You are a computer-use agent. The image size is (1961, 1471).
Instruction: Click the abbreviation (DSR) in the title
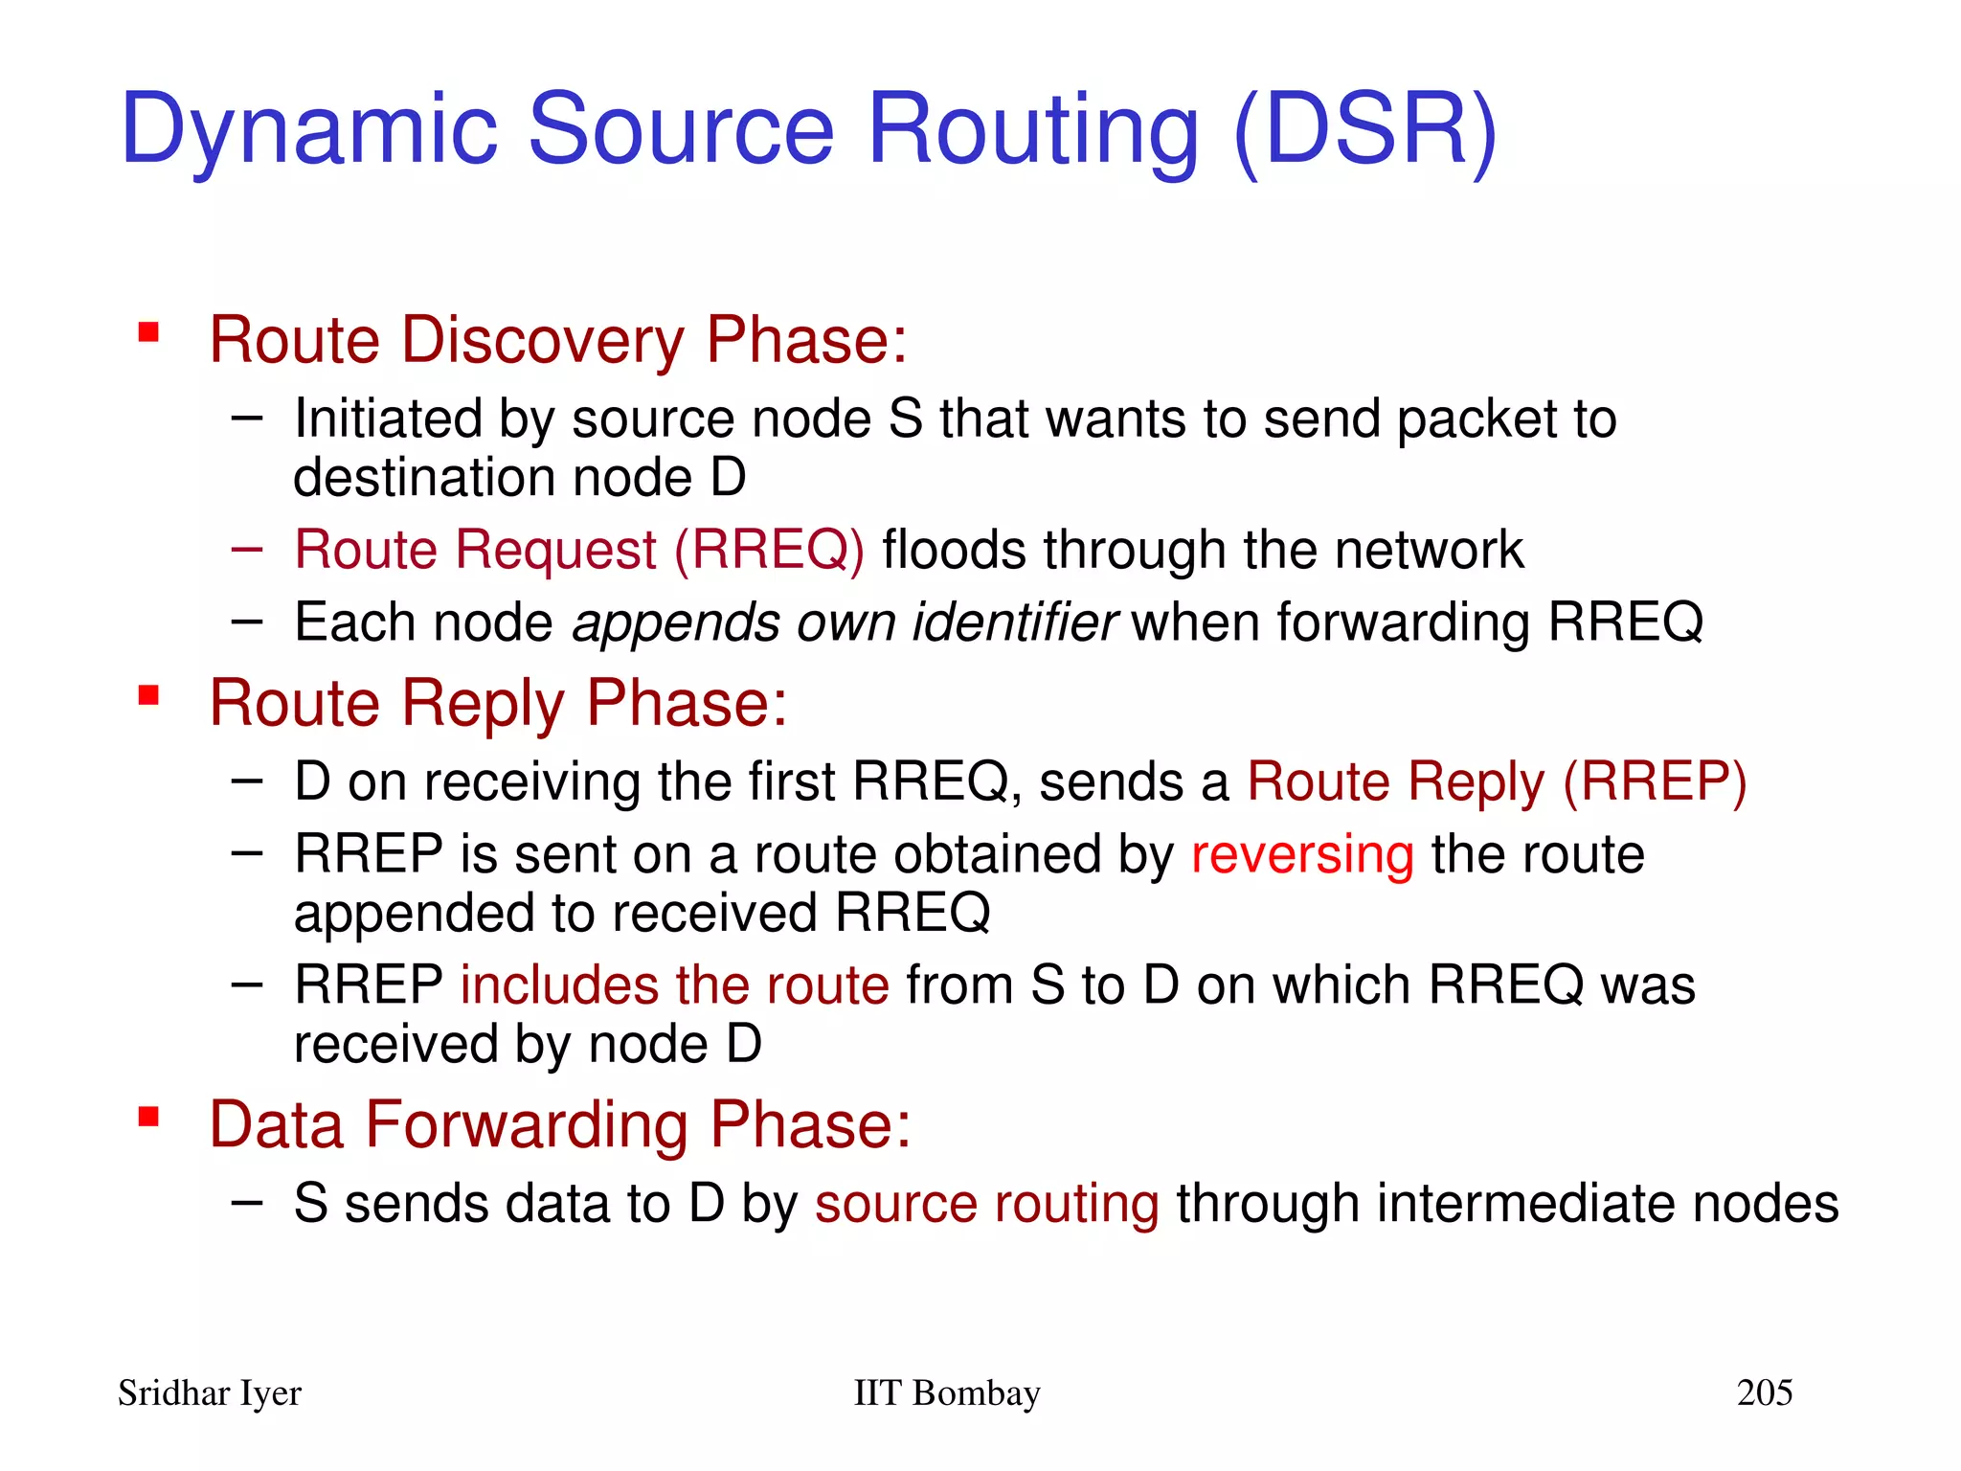pyautogui.click(x=1365, y=129)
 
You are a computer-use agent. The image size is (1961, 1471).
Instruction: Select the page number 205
pyautogui.click(x=1764, y=1392)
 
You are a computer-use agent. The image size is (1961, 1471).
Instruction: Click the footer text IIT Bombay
pyautogui.click(x=946, y=1392)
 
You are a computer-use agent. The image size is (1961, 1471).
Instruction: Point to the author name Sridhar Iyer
pyautogui.click(x=209, y=1392)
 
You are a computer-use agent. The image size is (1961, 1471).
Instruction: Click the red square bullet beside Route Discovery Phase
pyautogui.click(x=148, y=332)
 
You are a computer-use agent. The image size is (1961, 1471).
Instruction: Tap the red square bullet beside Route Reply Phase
pyautogui.click(x=148, y=695)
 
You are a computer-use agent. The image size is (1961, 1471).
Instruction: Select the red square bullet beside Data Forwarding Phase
pyautogui.click(x=148, y=1117)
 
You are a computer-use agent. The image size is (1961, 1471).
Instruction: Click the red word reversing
pyautogui.click(x=1302, y=854)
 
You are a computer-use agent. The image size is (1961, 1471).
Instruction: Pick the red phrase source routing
pyautogui.click(x=986, y=1204)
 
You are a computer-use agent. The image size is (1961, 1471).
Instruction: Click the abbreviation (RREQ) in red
pyautogui.click(x=769, y=551)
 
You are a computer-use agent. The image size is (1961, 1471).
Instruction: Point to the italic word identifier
pyautogui.click(x=1015, y=622)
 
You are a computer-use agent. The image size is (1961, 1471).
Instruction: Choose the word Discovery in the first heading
pyautogui.click(x=542, y=340)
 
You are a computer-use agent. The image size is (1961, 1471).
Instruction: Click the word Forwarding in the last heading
pyautogui.click(x=527, y=1125)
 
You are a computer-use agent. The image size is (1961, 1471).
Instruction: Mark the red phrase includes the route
pyautogui.click(x=674, y=985)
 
